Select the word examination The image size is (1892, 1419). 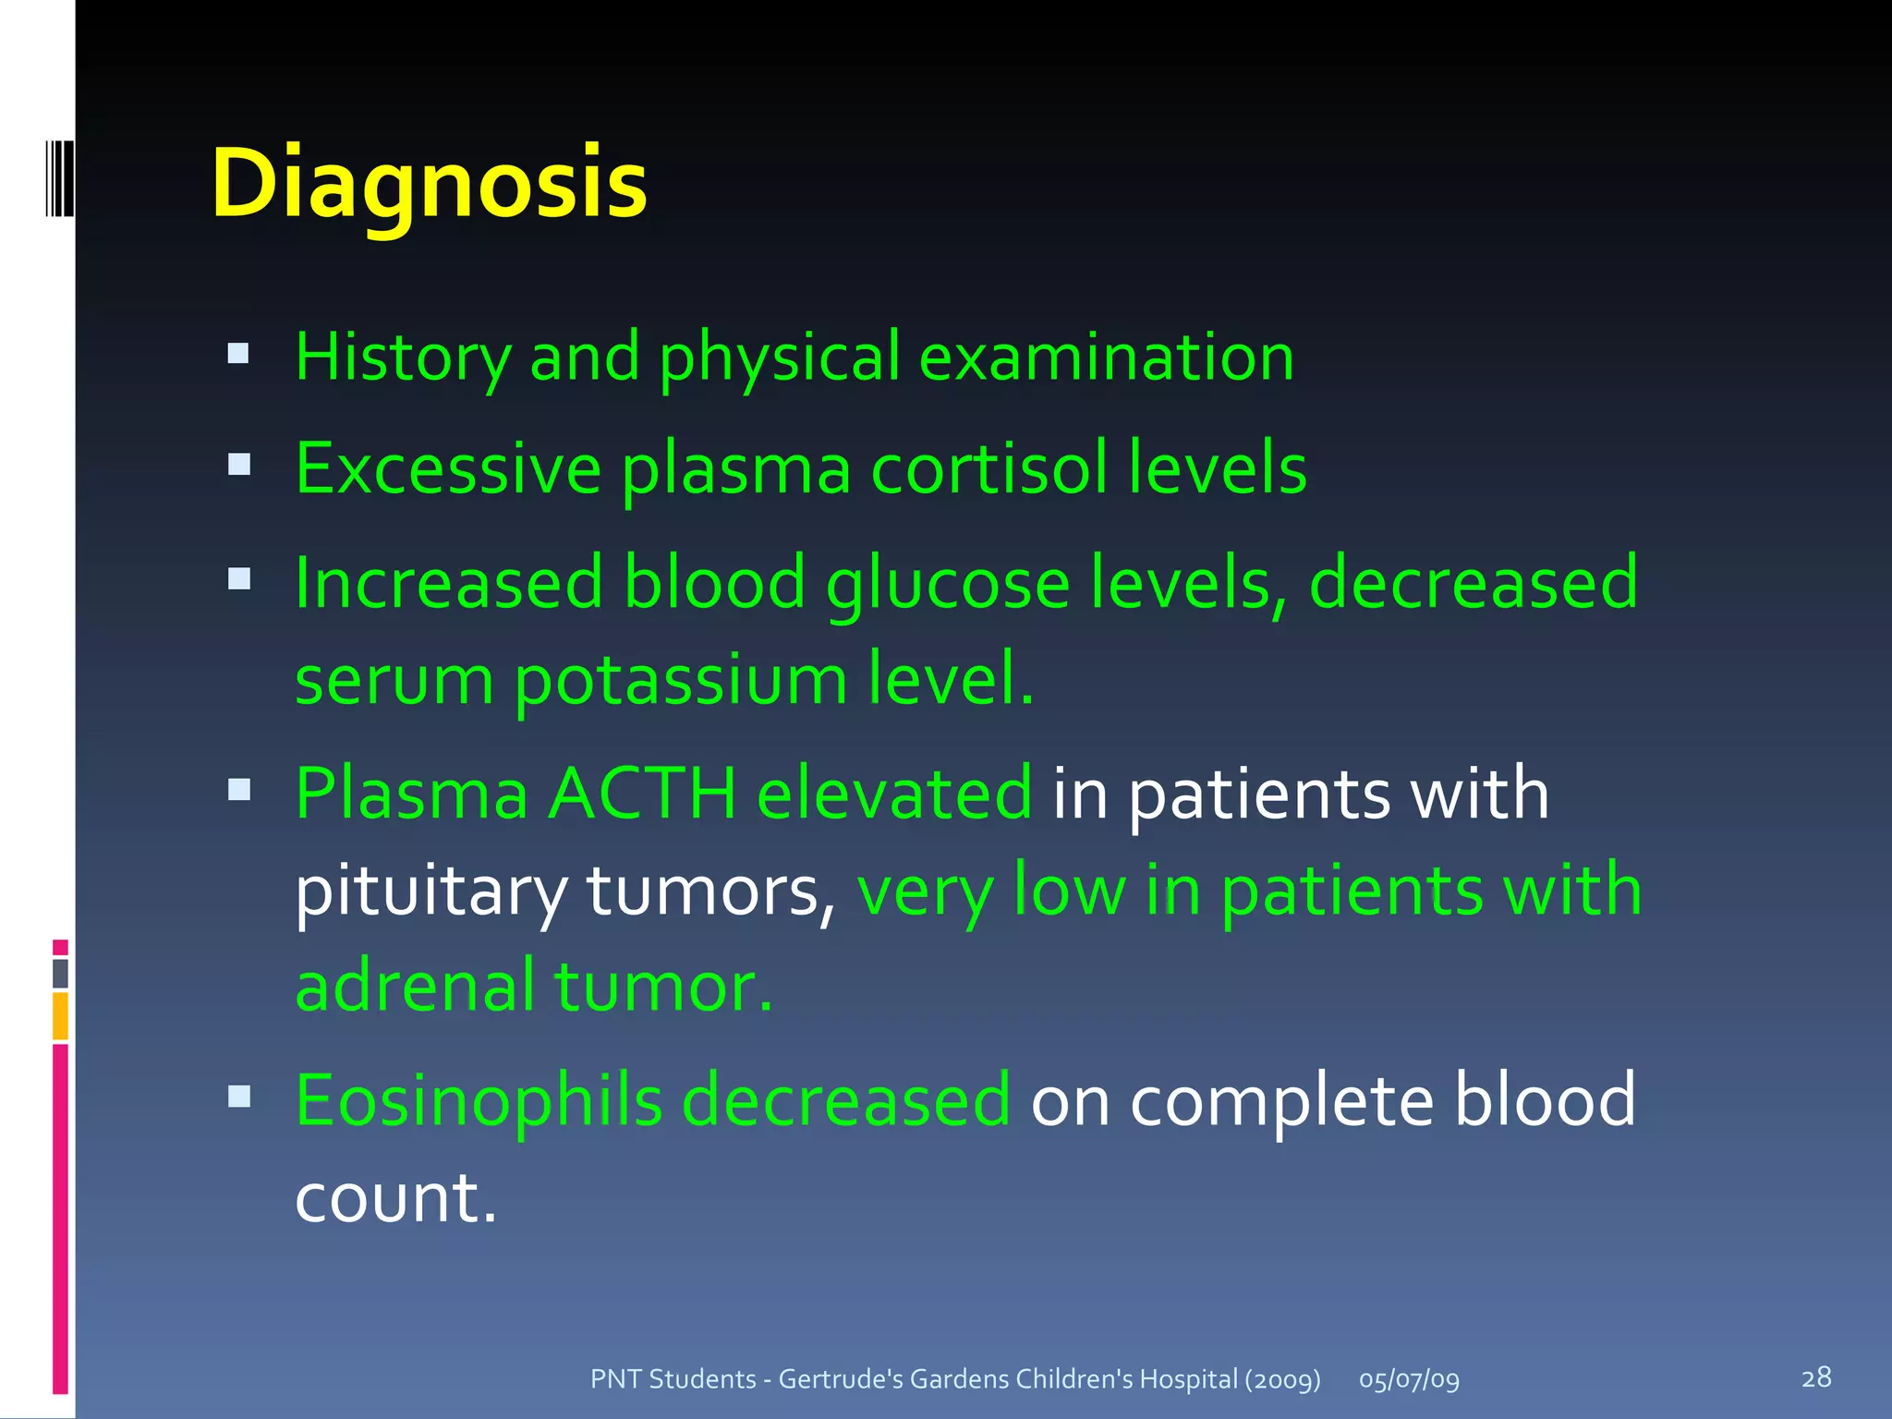pos(1107,357)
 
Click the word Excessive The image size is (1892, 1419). pos(448,468)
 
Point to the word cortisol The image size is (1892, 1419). pos(989,468)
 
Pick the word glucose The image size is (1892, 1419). pos(948,584)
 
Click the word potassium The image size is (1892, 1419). pos(680,680)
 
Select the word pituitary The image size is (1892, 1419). pos(431,891)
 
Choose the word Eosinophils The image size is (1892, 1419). pos(479,1100)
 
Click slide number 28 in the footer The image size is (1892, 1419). pos(1816,1377)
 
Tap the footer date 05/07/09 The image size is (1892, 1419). pos(1409,1379)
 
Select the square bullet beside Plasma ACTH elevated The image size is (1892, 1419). pos(239,789)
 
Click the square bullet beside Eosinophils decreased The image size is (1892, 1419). pos(239,1097)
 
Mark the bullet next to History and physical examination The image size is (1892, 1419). pos(239,353)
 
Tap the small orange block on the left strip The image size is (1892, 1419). pos(60,1015)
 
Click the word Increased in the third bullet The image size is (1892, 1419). pos(449,584)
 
